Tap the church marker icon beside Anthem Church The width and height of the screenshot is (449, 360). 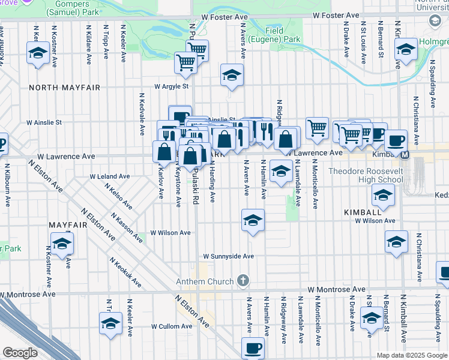243,281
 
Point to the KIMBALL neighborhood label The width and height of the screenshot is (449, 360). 363,213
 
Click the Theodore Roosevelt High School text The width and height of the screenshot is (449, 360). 366,175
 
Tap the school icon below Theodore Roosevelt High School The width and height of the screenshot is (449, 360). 382,194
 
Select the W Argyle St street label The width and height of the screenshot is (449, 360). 172,86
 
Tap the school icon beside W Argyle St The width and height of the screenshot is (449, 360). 232,75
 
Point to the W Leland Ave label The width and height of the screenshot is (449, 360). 110,177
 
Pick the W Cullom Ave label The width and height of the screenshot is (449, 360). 170,326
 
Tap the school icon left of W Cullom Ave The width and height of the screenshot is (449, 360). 111,324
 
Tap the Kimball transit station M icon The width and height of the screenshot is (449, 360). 405,155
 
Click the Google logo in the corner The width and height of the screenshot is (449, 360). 20,353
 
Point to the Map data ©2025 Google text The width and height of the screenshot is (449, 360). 411,355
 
